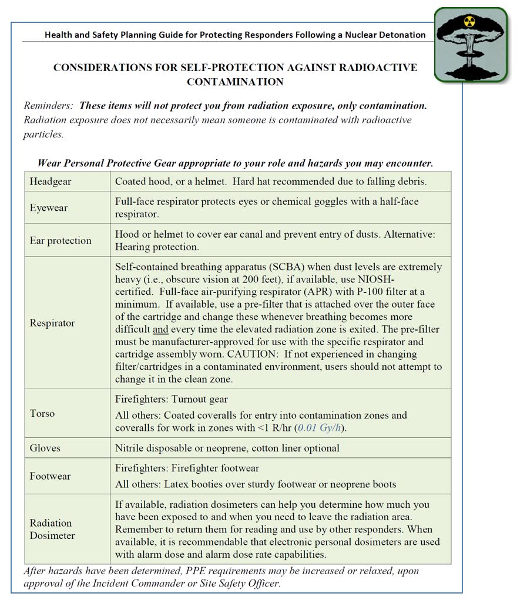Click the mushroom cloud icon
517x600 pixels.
coord(471,44)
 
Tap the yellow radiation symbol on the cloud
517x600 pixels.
coord(469,22)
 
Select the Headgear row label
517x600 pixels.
coord(51,181)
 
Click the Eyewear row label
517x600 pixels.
coord(49,208)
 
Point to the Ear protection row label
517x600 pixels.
coord(61,240)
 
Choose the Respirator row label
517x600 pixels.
coord(52,323)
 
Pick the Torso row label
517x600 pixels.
coord(42,413)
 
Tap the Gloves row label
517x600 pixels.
coord(45,448)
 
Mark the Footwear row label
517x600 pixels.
coord(50,476)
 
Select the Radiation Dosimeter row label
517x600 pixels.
coord(52,529)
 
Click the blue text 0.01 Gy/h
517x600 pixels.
coord(320,428)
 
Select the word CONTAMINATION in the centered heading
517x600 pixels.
coord(235,82)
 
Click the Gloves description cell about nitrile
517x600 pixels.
coord(227,448)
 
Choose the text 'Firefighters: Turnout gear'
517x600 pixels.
coord(172,400)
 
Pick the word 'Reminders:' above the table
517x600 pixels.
coord(49,106)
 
